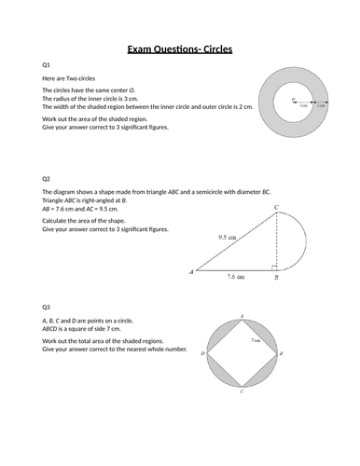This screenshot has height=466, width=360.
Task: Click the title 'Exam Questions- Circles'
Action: point(180,49)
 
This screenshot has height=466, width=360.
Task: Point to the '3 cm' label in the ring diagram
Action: point(303,107)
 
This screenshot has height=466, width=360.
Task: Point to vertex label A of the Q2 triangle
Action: point(191,272)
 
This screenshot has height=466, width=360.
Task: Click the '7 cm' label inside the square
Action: point(255,340)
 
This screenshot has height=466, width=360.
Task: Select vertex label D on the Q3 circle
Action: point(202,354)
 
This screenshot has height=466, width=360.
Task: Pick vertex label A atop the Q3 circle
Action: point(242,317)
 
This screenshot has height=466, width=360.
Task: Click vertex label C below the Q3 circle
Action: point(242,392)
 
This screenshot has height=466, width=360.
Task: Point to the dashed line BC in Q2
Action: point(275,242)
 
